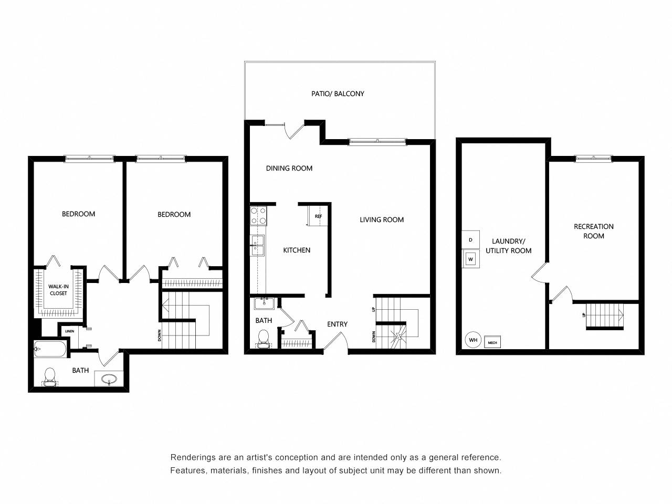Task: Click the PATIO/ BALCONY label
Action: pos(337,94)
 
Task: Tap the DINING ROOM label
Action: pos(289,169)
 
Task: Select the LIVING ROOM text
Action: pos(382,220)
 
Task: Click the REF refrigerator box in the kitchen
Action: pos(318,216)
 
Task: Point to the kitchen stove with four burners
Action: pos(258,216)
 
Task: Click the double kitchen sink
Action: pos(258,246)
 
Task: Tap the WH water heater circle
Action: pos(473,340)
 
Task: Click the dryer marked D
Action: pos(470,240)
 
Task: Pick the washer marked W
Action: pos(470,259)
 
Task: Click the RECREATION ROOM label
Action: pos(593,231)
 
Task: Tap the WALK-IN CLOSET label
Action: pos(58,290)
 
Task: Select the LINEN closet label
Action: pos(69,331)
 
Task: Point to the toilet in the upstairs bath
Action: pos(50,376)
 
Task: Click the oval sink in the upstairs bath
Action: pos(109,379)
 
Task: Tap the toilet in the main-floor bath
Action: pos(264,338)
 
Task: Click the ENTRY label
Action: pos(337,324)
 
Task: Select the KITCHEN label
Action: pos(297,250)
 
